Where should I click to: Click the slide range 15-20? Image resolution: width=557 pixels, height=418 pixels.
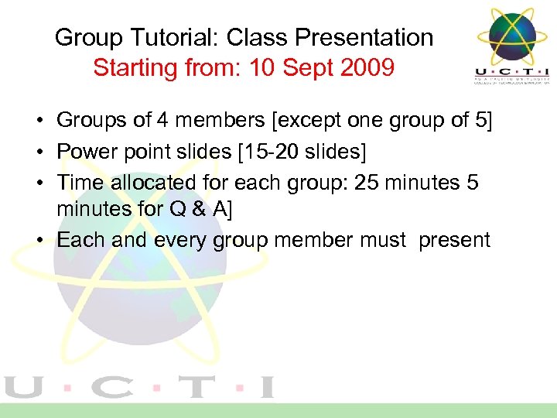tap(269, 152)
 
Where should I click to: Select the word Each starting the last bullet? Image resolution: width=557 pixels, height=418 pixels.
tap(82, 240)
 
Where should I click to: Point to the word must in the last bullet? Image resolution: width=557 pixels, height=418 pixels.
tap(383, 240)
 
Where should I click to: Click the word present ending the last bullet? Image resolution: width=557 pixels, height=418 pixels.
tap(454, 240)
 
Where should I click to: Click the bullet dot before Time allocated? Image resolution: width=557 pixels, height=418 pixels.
tap(38, 183)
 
